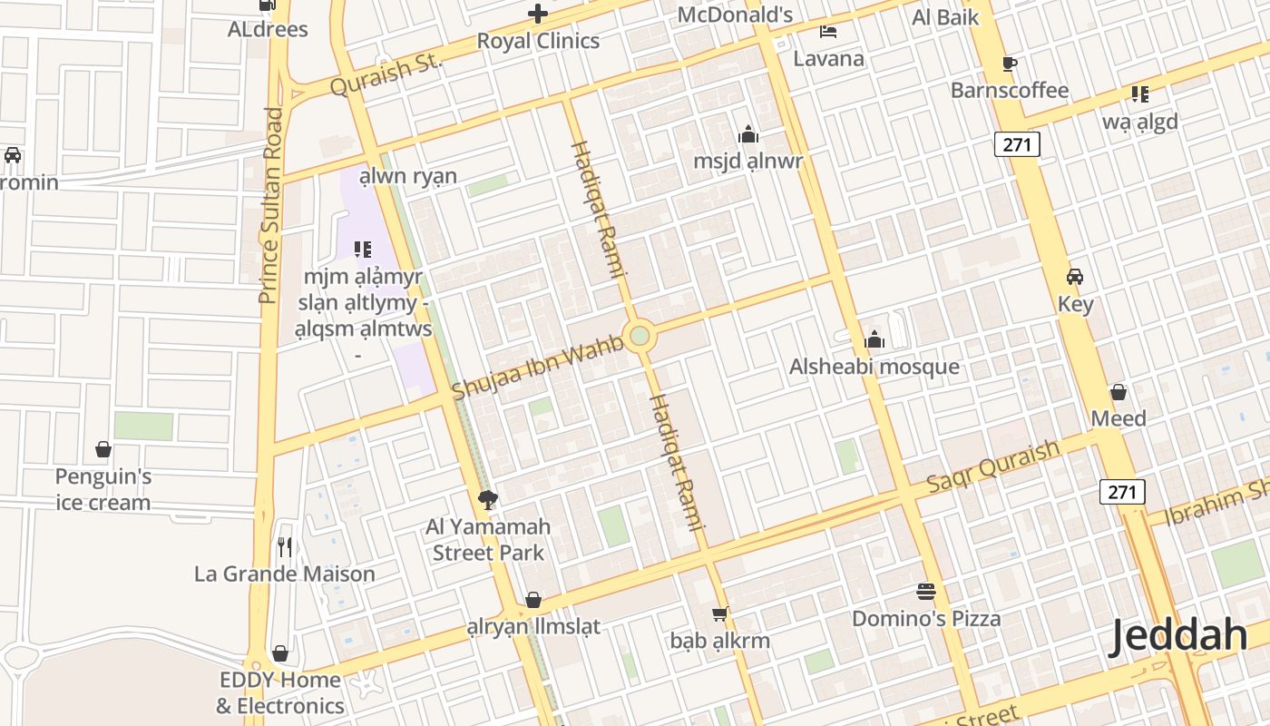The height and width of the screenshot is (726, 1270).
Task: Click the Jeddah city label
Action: pyautogui.click(x=1178, y=635)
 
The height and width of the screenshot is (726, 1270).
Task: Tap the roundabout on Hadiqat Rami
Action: pyautogui.click(x=640, y=336)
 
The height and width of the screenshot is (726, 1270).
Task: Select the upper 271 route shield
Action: pyautogui.click(x=1017, y=143)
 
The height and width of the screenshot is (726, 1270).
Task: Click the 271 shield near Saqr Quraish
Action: pyautogui.click(x=1122, y=492)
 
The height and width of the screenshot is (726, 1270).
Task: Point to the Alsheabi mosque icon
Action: pyautogui.click(x=874, y=340)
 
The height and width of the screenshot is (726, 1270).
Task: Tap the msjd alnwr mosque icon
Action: pyautogui.click(x=748, y=135)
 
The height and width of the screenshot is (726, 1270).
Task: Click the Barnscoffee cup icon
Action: pyautogui.click(x=1010, y=64)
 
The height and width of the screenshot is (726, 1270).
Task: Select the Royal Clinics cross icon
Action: pyautogui.click(x=538, y=14)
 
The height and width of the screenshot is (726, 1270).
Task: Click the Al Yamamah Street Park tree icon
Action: pyautogui.click(x=488, y=499)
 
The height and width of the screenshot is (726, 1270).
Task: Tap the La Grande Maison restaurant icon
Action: pyautogui.click(x=285, y=546)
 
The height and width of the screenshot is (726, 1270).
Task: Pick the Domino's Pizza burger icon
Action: pyautogui.click(x=926, y=592)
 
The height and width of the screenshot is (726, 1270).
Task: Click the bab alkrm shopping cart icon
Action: pyautogui.click(x=720, y=614)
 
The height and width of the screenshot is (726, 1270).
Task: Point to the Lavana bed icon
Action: pyautogui.click(x=828, y=32)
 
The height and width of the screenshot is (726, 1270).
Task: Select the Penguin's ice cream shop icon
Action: pyautogui.click(x=103, y=449)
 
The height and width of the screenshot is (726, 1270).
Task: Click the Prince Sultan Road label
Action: pyautogui.click(x=269, y=205)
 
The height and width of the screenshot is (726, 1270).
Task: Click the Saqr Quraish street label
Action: pyautogui.click(x=992, y=466)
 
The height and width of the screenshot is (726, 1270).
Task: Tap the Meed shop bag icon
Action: pyautogui.click(x=1119, y=392)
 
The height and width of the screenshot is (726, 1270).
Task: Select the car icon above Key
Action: pyautogui.click(x=1075, y=277)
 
